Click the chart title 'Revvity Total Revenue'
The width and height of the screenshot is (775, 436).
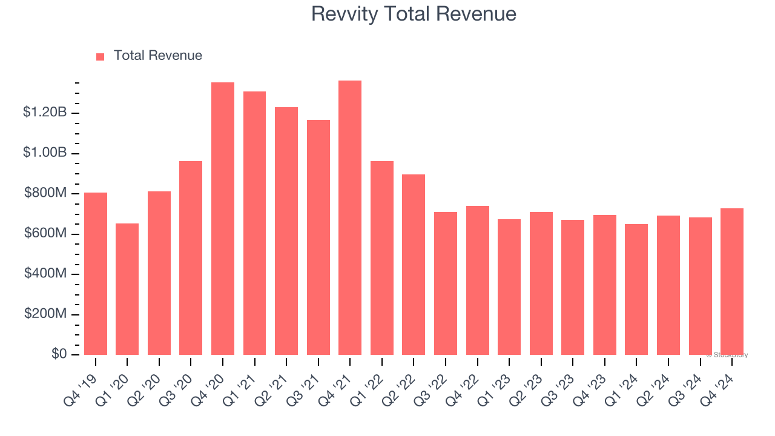[414, 14]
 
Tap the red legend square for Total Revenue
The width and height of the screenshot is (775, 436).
[101, 56]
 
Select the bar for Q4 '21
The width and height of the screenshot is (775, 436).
[350, 217]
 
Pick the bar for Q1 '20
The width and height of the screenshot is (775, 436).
[127, 289]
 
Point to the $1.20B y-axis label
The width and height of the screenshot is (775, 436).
[45, 113]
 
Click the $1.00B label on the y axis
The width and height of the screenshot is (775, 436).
[45, 153]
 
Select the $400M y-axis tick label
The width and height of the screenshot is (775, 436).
[45, 274]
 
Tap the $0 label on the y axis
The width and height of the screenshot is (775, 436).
[59, 354]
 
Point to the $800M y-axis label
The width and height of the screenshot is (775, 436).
[45, 193]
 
